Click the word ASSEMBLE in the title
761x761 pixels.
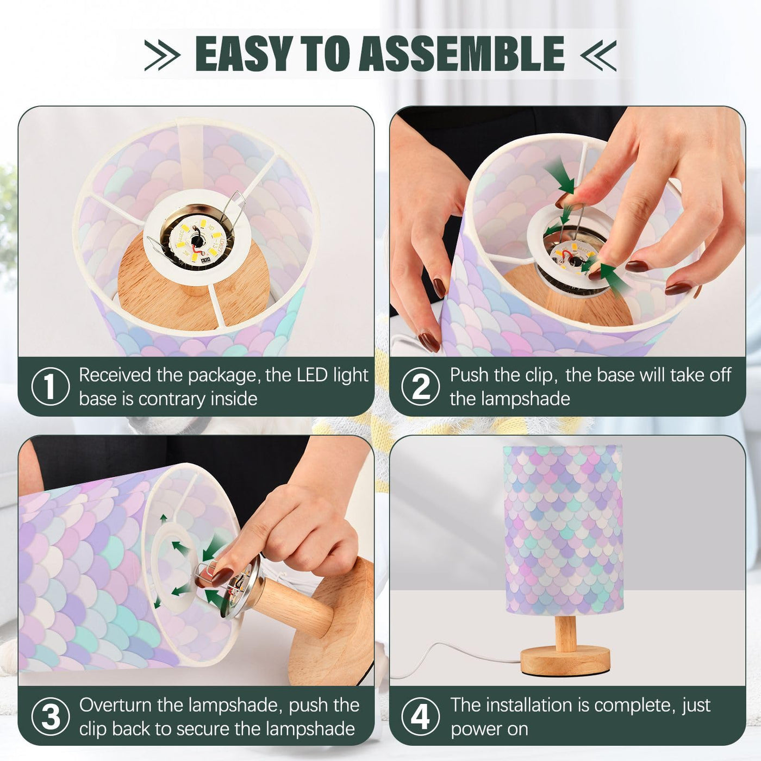pos(461,54)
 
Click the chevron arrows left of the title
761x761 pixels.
pos(163,55)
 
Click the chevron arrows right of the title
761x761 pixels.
pos(598,55)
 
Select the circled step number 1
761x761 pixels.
pos(51,386)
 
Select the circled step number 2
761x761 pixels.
pos(421,386)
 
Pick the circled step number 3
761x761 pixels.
pos(51,716)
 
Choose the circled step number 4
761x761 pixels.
pos(421,716)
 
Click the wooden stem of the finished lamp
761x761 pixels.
pos(565,631)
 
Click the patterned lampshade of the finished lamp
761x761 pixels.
pos(563,530)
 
